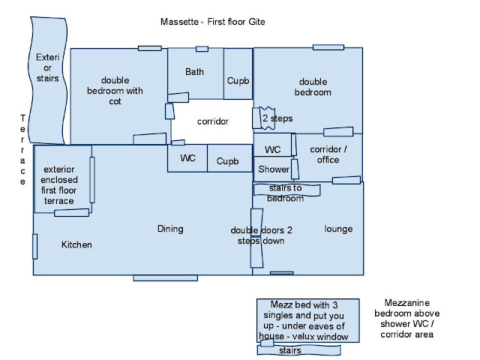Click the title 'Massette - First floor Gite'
(213, 22)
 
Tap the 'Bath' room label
(194, 72)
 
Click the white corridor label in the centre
(212, 121)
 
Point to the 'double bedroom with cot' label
(115, 91)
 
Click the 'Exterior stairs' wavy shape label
(47, 67)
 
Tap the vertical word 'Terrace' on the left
(22, 150)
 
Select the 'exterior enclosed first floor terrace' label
(58, 185)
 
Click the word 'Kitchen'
(76, 244)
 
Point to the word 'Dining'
(170, 229)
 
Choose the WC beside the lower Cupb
(187, 158)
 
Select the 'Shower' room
(274, 169)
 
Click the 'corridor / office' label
(328, 154)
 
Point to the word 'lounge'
(338, 229)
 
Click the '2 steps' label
(277, 118)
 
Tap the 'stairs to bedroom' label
(285, 193)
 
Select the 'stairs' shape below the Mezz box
(299, 350)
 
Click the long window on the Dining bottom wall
(165, 278)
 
